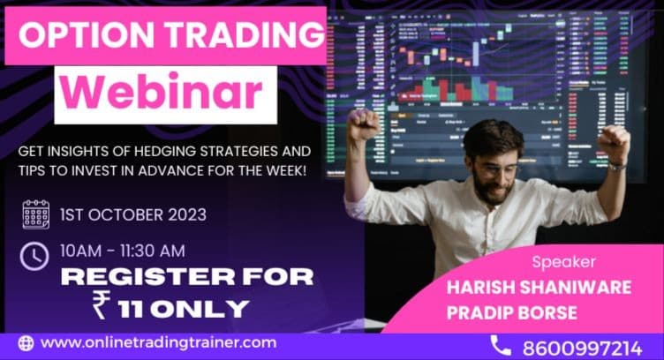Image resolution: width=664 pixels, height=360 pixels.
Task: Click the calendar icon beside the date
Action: pyautogui.click(x=35, y=214)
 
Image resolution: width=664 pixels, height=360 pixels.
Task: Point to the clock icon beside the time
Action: pyautogui.click(x=35, y=256)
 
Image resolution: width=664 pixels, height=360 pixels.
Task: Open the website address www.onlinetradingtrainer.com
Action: pyautogui.click(x=159, y=342)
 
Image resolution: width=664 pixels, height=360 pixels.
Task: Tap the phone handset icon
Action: pyautogui.click(x=500, y=345)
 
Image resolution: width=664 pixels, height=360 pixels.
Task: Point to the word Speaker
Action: pyautogui.click(x=563, y=262)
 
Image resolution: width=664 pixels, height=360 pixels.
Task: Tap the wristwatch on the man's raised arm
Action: pyautogui.click(x=617, y=164)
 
